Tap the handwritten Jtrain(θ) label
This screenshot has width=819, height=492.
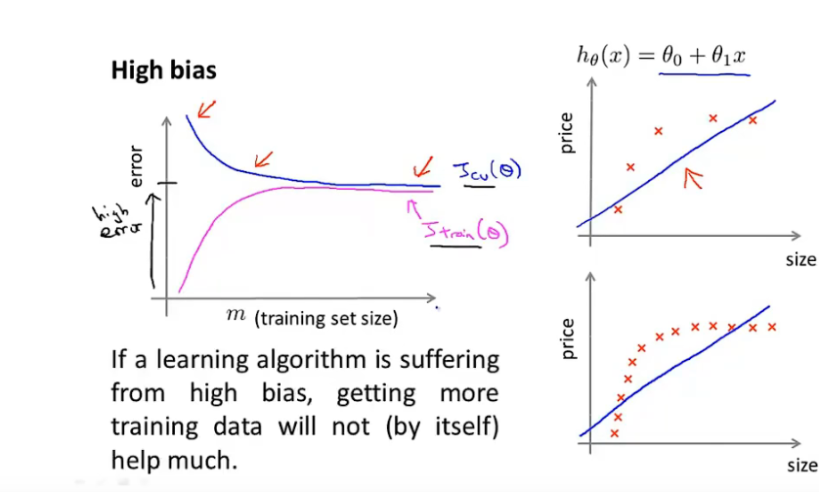tap(466, 231)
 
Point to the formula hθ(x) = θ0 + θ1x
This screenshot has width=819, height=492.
tap(663, 56)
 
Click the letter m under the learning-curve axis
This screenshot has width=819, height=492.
tap(237, 314)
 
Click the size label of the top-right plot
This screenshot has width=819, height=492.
tap(799, 260)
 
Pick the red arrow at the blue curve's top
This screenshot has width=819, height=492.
tap(206, 108)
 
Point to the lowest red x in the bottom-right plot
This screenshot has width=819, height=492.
tap(615, 432)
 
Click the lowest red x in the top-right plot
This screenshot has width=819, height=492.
tap(618, 208)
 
